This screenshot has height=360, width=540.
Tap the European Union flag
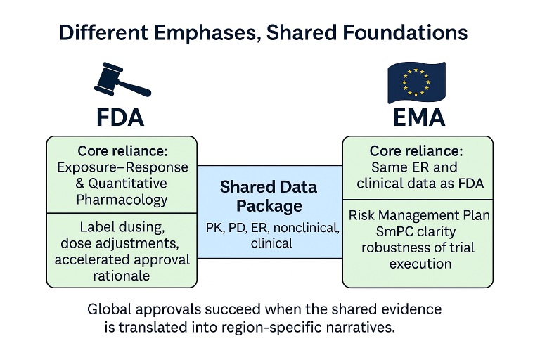[416, 82]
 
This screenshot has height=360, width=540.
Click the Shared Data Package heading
[269, 197]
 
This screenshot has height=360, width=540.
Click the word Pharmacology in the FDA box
[122, 199]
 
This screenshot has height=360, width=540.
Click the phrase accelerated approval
[122, 259]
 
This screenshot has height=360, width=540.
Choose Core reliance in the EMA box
[417, 151]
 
